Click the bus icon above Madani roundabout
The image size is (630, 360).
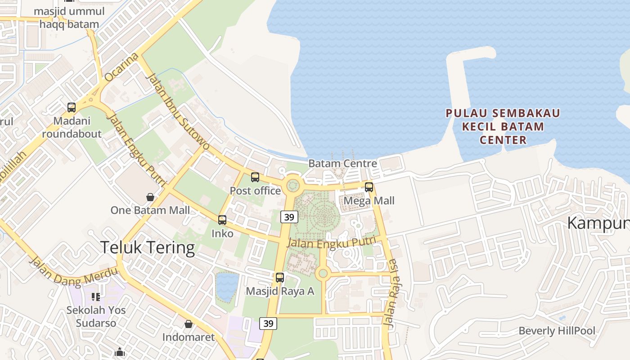pos(72,108)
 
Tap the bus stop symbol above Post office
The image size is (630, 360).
pos(255,177)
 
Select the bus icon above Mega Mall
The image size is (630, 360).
pos(369,187)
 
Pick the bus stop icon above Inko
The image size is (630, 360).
pos(222,220)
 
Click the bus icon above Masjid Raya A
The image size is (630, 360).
pos(280,278)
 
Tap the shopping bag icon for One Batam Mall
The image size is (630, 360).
pos(150,197)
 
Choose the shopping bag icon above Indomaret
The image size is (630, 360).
pos(189,324)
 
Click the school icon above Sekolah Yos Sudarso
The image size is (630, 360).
pos(96,297)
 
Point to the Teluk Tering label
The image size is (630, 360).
pos(148,248)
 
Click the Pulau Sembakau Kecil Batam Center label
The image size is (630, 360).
pos(503,126)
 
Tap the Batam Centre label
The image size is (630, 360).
pos(342,163)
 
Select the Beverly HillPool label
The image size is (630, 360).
pos(557,331)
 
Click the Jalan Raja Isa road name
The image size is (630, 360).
pos(390,292)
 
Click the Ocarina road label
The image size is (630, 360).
pos(121,67)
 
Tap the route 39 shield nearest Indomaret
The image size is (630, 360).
pos(268,323)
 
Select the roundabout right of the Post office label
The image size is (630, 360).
pos(293,184)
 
